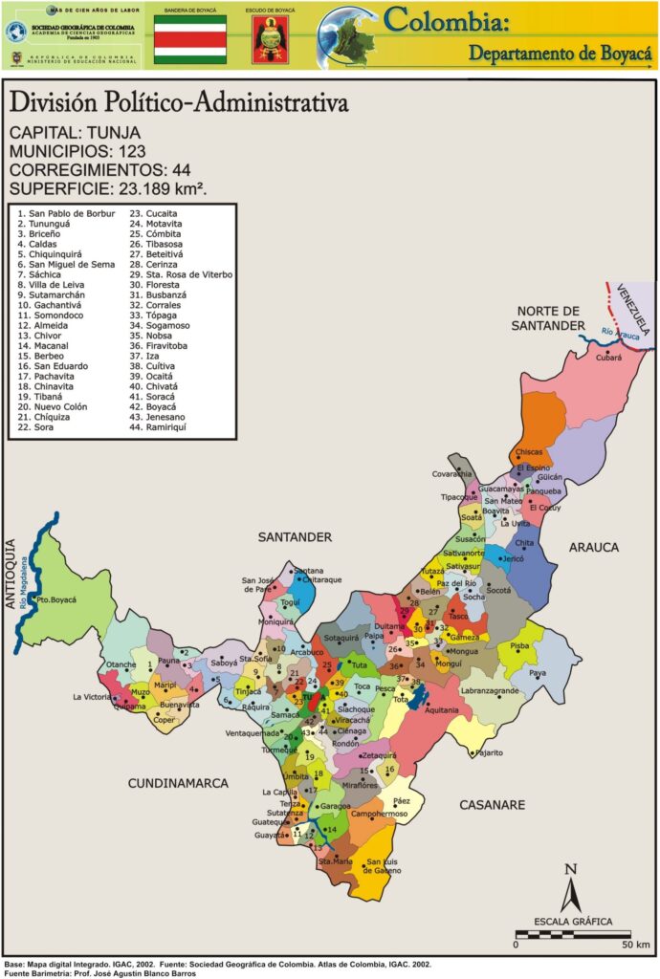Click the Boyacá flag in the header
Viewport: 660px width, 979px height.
(190, 39)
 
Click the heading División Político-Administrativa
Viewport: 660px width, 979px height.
(178, 102)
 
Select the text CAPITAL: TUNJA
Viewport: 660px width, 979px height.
(75, 132)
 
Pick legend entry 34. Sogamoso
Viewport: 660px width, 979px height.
(159, 326)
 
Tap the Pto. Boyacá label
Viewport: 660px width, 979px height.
(55, 599)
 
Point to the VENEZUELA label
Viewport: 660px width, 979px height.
(632, 309)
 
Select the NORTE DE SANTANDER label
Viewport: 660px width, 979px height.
(549, 318)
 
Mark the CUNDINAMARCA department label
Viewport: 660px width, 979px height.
(179, 783)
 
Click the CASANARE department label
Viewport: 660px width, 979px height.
(492, 805)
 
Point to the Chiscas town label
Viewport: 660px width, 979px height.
(529, 451)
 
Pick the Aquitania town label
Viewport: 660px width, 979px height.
(441, 710)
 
